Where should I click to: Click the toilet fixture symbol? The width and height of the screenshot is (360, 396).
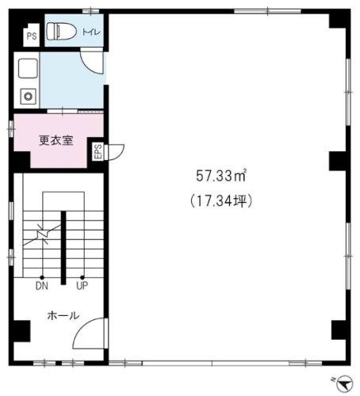point(61,31)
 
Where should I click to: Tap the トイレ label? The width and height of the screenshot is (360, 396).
point(91,32)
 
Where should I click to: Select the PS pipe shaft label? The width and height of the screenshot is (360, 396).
point(32,36)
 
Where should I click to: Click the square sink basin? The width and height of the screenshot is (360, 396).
point(28,68)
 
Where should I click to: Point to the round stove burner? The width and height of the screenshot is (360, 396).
point(29,97)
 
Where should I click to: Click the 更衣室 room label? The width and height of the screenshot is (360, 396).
point(56,140)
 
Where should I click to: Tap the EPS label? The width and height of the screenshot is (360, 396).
point(98,151)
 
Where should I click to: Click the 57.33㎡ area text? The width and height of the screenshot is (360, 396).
point(221,176)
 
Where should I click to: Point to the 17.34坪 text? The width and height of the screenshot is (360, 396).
point(221,201)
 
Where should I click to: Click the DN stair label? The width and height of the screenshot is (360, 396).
point(42,286)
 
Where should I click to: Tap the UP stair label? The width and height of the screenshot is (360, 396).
point(82,286)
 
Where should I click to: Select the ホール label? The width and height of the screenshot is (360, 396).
point(63,315)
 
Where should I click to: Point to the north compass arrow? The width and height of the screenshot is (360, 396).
point(345,383)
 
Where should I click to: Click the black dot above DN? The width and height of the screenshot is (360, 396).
point(42,277)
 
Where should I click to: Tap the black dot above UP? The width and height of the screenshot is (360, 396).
point(82,277)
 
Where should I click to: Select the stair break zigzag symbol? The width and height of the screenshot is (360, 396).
point(42,234)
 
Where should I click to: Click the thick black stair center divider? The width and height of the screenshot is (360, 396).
point(63,248)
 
